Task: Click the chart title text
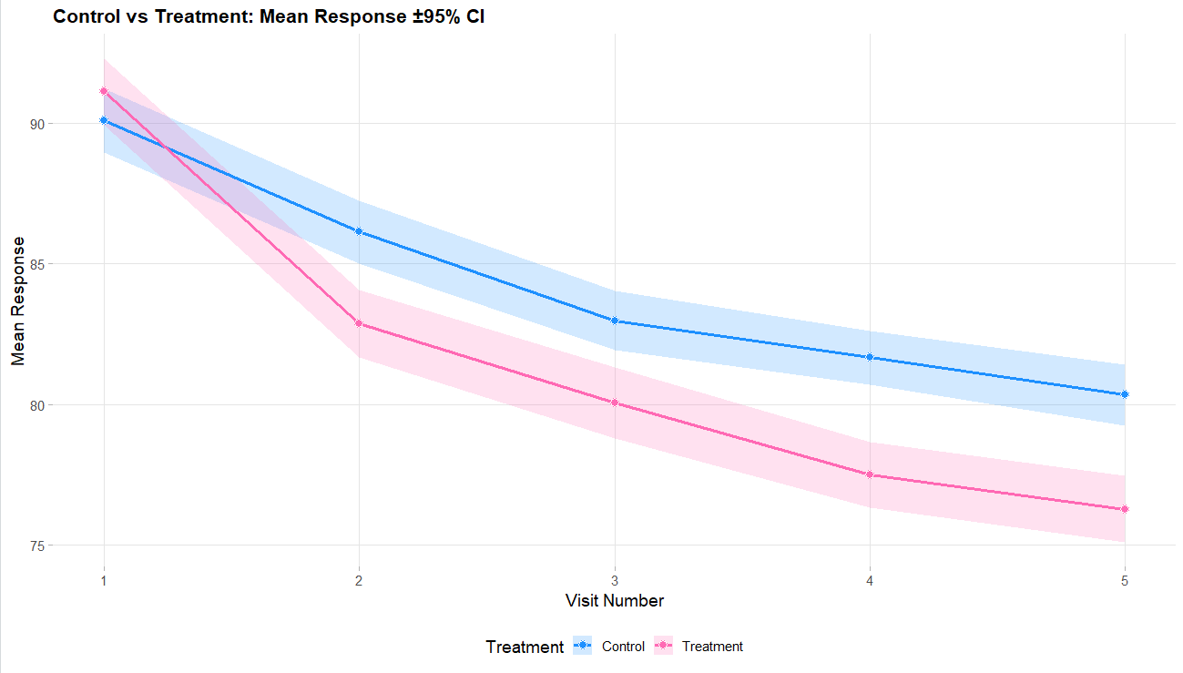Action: coord(269,17)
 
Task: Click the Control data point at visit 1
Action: coord(104,120)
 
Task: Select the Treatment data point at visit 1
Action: coord(104,91)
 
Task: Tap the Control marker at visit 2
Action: coord(359,231)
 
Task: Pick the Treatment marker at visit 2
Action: coord(359,323)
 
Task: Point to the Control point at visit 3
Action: coord(615,321)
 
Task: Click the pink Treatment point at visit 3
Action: coord(615,403)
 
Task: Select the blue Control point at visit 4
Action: coord(870,357)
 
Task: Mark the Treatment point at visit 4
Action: coord(870,474)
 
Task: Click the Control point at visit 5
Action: coord(1125,394)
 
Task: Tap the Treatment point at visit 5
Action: coord(1125,509)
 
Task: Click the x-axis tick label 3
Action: coord(615,580)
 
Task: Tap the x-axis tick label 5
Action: coord(1125,580)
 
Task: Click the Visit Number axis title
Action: coord(614,601)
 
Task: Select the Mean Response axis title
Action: coord(18,301)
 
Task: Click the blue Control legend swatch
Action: coord(583,647)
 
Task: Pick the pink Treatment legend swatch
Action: coord(665,647)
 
